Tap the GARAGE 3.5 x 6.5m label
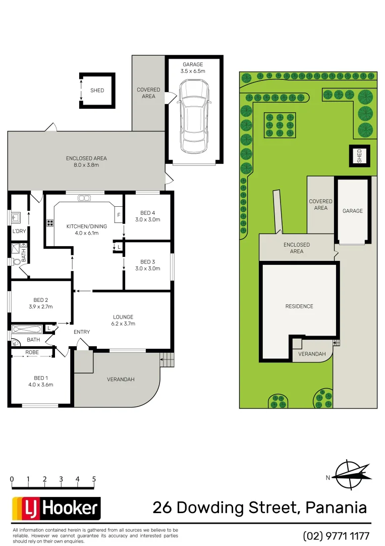[193, 68]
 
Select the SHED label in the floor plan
[97, 90]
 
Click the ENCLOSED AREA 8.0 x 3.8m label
[86, 162]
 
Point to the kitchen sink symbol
[84, 198]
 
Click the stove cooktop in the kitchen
[50, 222]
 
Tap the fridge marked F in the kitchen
[119, 215]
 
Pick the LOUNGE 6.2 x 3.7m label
[124, 320]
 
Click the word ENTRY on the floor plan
[82, 332]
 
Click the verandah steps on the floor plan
[167, 360]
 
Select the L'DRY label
[19, 232]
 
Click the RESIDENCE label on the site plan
[299, 306]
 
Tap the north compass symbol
[350, 474]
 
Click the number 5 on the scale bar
[94, 479]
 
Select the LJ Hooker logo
[56, 508]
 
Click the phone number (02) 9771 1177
[336, 535]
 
